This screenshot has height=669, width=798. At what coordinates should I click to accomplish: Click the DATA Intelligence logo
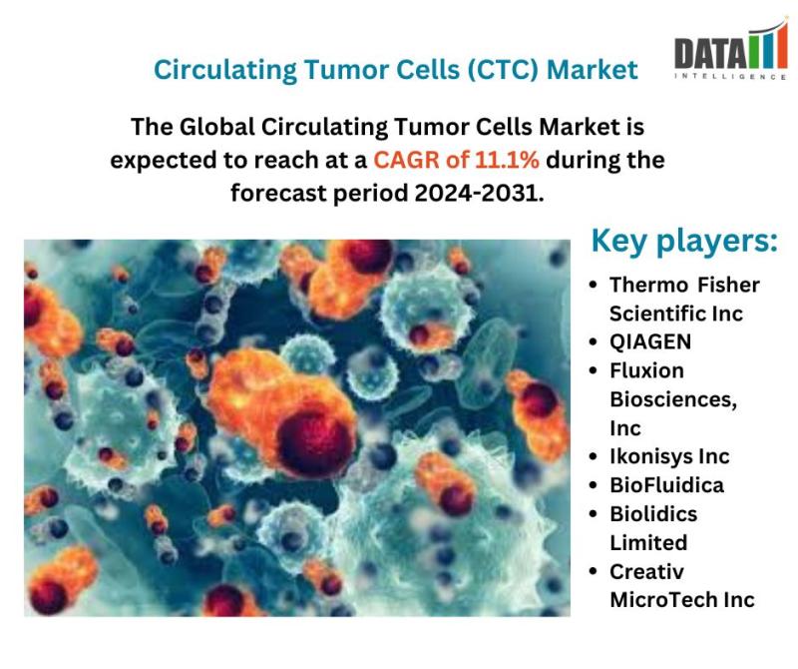[731, 50]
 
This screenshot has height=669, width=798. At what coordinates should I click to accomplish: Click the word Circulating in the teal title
[225, 70]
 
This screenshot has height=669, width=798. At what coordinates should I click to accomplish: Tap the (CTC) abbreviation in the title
[502, 69]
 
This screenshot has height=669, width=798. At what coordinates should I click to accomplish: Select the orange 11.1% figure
[507, 160]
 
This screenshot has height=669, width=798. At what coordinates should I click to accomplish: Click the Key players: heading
[684, 241]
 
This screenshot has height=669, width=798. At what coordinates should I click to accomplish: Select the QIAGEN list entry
[650, 341]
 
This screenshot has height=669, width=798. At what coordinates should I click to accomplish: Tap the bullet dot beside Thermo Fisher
[593, 285]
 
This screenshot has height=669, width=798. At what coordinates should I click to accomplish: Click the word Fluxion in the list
[646, 370]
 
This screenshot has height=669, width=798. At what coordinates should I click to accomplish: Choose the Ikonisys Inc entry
[669, 456]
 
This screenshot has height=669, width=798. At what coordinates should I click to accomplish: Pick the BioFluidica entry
[666, 485]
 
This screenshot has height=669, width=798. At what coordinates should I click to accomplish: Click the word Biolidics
[653, 513]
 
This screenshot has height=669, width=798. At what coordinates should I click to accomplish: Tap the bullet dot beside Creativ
[593, 572]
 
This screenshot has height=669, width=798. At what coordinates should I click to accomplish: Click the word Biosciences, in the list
[673, 400]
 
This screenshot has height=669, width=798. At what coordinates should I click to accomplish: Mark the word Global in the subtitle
[216, 127]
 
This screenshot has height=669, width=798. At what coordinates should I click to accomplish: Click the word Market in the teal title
[592, 69]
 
